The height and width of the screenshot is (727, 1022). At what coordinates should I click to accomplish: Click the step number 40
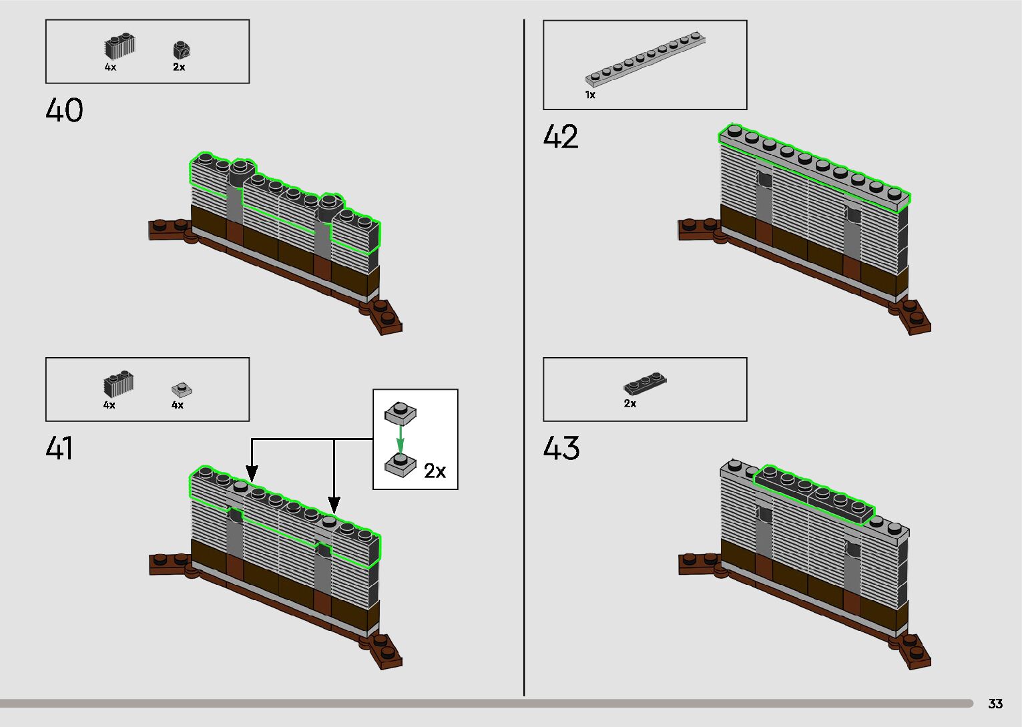(x=65, y=110)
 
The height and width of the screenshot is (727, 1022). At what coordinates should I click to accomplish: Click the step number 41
(x=59, y=448)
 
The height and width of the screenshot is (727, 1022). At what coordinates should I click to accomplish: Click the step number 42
(x=561, y=138)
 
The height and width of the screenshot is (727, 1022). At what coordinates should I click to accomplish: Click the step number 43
(x=561, y=448)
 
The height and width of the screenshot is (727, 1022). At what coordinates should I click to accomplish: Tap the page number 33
(x=995, y=704)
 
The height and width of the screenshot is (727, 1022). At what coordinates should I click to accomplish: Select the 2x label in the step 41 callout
(x=435, y=471)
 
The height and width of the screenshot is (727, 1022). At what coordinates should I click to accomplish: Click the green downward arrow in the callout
(x=400, y=439)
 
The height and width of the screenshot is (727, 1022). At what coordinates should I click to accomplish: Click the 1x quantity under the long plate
(x=590, y=95)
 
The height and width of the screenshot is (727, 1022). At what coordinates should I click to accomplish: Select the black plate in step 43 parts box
(x=645, y=383)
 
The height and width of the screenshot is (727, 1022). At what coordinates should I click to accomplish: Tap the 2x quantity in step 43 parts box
(x=630, y=404)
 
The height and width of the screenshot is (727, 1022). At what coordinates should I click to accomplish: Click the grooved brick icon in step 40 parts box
(x=119, y=46)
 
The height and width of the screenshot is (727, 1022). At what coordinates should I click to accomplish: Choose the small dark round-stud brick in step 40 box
(x=181, y=49)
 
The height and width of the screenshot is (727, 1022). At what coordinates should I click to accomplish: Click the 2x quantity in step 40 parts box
(x=179, y=67)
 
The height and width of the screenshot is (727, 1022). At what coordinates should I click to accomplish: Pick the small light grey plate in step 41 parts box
(x=181, y=389)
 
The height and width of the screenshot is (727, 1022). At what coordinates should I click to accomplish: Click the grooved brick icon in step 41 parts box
(x=118, y=384)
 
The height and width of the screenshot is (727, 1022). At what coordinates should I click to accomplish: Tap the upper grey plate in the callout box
(x=401, y=412)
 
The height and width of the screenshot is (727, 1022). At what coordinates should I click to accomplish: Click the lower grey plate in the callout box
(x=401, y=464)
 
